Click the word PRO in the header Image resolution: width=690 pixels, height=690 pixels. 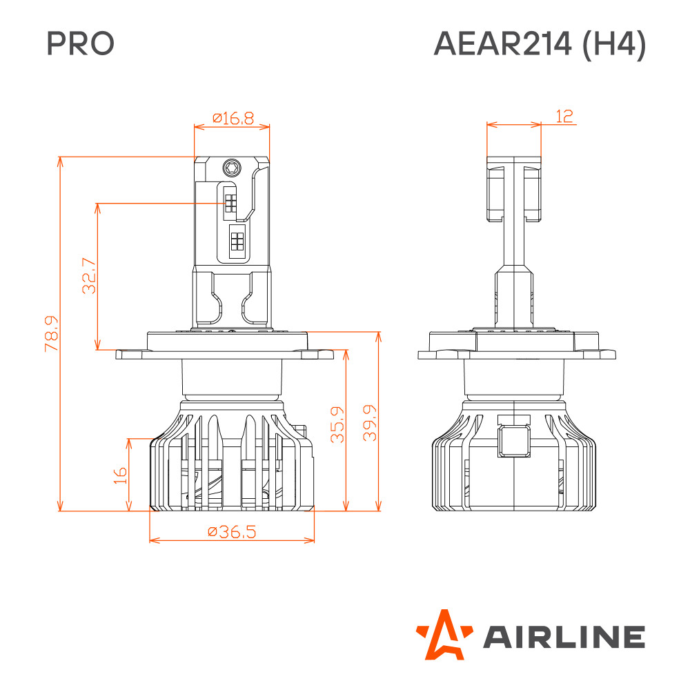[x=81, y=43]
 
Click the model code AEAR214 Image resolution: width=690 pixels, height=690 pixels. [x=502, y=43]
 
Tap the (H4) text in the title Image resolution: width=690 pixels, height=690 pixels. [x=614, y=44]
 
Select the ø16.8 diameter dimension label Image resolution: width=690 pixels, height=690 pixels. [x=233, y=118]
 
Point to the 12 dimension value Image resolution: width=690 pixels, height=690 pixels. [x=564, y=116]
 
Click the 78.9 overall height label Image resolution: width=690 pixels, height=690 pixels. [x=52, y=333]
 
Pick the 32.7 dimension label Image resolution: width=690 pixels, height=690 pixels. [x=89, y=275]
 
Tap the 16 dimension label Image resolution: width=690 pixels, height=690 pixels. [x=120, y=475]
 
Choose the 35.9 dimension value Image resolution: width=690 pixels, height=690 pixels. [x=337, y=424]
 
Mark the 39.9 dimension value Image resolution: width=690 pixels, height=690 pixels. [x=370, y=423]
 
